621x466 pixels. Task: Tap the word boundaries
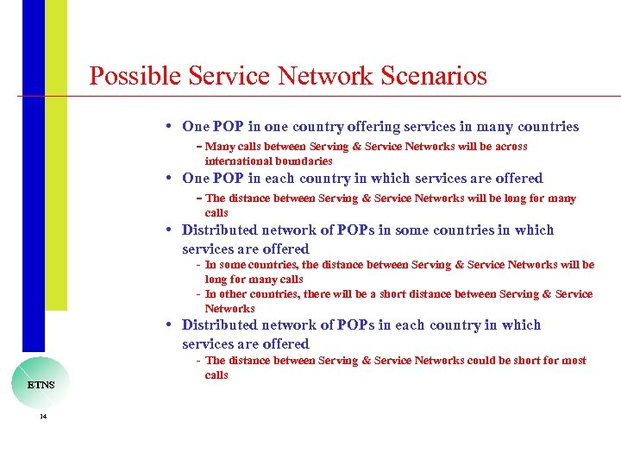304,161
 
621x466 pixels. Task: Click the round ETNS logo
41,383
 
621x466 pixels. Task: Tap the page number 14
42,417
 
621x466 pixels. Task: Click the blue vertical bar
33,173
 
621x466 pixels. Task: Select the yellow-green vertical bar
56,155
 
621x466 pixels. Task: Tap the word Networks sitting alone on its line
229,309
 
